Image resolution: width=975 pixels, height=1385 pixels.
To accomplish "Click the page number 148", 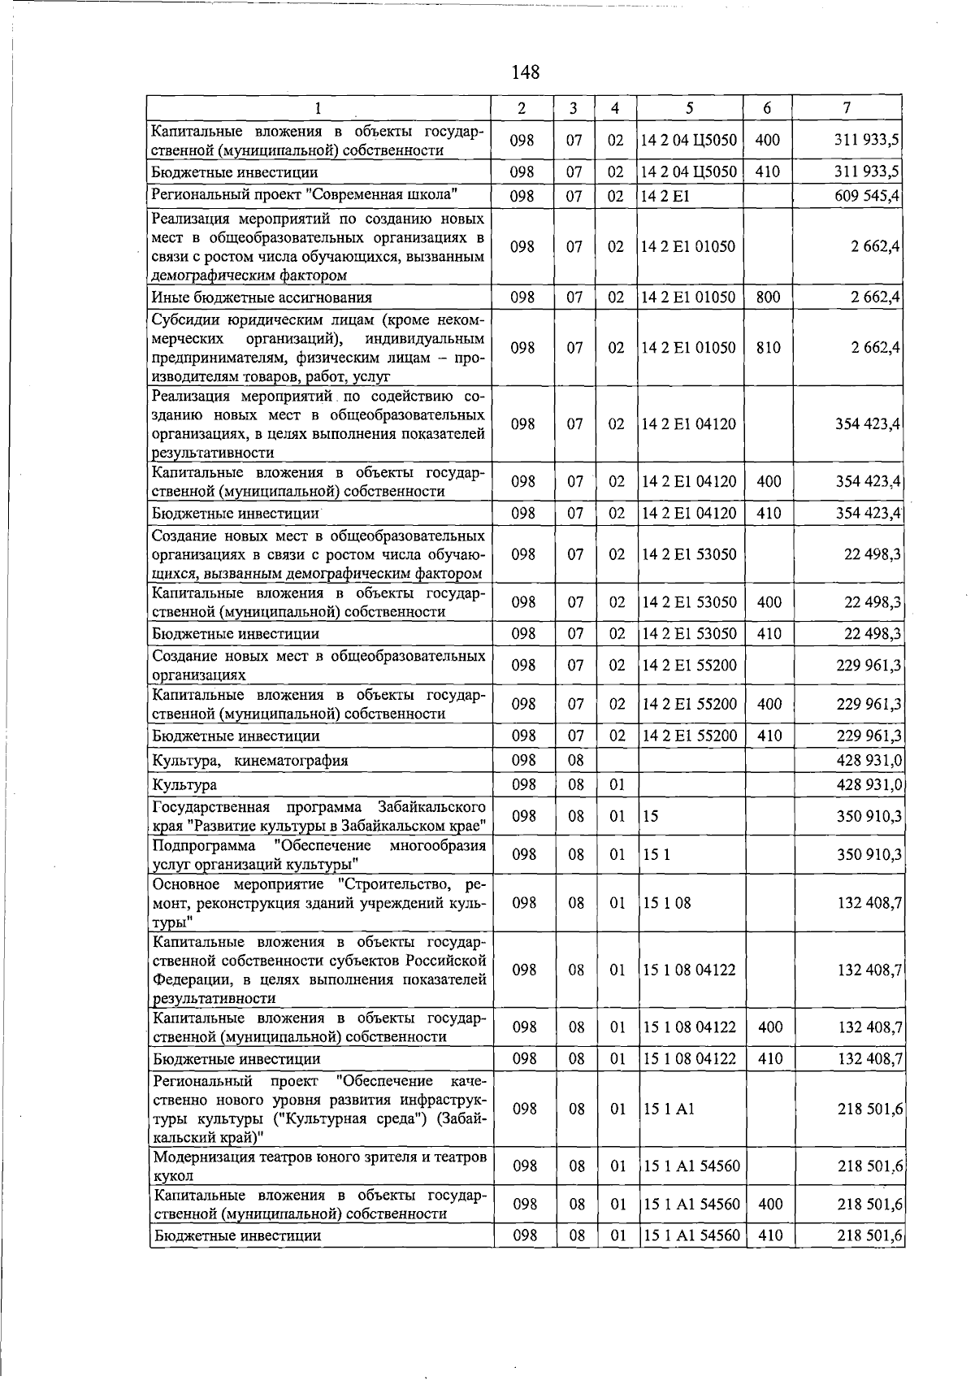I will pyautogui.click(x=526, y=72).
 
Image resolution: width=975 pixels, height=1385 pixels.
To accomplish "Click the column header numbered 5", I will pyautogui.click(x=689, y=108).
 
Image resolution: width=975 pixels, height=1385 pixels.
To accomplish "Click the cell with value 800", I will pyautogui.click(x=767, y=297).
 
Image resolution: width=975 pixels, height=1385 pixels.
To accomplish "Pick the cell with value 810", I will pyautogui.click(x=767, y=348).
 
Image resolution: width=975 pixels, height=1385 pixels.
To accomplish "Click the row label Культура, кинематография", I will pyautogui.click(x=250, y=761).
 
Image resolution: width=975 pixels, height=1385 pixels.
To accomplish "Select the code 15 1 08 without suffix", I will pyautogui.click(x=666, y=903).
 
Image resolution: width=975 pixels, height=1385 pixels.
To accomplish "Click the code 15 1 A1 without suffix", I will pyautogui.click(x=668, y=1109).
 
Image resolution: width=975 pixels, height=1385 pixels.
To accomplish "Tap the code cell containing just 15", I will pyautogui.click(x=650, y=816).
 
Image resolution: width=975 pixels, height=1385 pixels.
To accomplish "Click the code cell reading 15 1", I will pyautogui.click(x=656, y=855).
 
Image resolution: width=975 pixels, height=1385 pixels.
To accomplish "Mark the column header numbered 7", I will pyautogui.click(x=847, y=108).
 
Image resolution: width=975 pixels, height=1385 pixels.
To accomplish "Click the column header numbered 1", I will pyautogui.click(x=318, y=108).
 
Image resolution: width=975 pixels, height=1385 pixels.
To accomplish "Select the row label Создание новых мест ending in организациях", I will pyautogui.click(x=318, y=665).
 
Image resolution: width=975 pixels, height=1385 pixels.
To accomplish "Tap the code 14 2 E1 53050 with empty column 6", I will pyautogui.click(x=689, y=554).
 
